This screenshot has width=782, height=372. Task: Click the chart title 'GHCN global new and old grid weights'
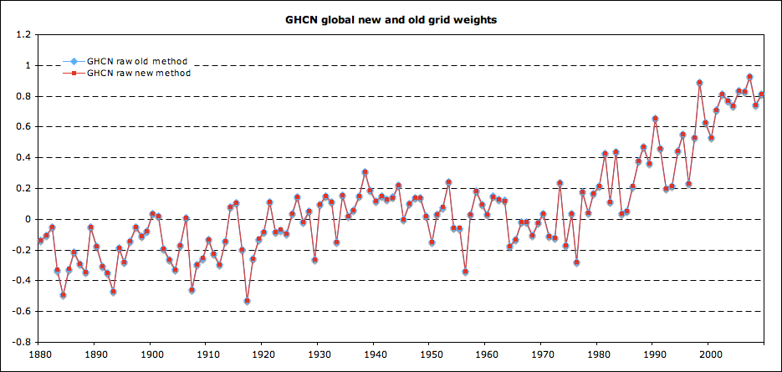click(391, 19)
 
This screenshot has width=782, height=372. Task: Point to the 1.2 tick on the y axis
click(23, 35)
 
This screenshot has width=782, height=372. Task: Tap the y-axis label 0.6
click(23, 127)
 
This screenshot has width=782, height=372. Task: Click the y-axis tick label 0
click(28, 219)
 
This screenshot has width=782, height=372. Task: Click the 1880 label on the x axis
click(38, 354)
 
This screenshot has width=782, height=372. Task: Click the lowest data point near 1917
click(247, 301)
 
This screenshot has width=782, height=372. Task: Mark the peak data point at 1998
click(699, 83)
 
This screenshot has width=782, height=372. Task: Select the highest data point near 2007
click(749, 77)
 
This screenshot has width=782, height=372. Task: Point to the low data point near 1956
click(465, 272)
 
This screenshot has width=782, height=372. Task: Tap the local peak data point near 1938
click(365, 172)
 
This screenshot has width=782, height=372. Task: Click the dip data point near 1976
click(576, 262)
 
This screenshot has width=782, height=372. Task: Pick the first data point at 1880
click(40, 241)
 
